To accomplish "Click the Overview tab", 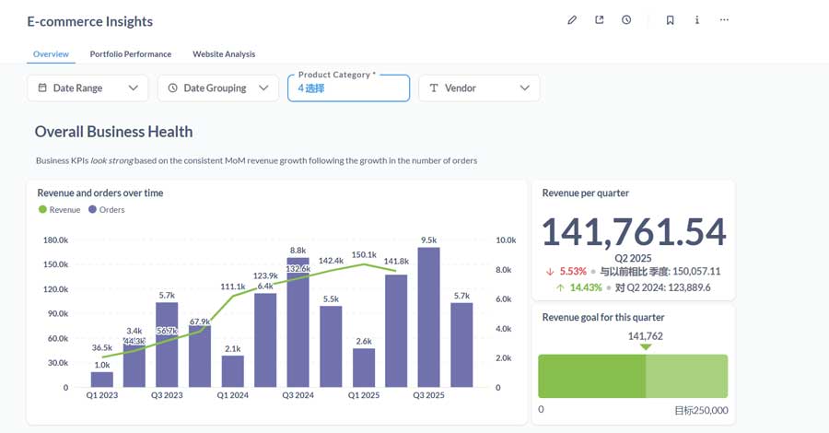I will (51, 54).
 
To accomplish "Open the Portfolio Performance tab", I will (131, 54).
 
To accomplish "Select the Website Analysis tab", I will (224, 54).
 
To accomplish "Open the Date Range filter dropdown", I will (88, 88).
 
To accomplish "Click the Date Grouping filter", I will (217, 88).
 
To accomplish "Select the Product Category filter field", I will (348, 88).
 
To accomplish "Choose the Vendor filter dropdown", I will (479, 88).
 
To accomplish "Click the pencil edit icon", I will (572, 20).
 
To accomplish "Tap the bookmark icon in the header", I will (671, 20).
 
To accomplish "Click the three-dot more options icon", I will (724, 20).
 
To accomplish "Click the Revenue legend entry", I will (60, 210).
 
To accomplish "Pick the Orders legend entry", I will (107, 210).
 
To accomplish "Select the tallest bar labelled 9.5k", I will (428, 318).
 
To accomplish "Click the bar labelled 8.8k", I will (298, 322).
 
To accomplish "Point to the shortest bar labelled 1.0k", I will (101, 380).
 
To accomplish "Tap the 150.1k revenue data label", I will (364, 255).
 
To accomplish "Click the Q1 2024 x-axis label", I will (232, 395).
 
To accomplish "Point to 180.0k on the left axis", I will (56, 240).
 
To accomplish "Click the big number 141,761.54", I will (633, 232).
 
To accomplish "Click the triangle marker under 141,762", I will (646, 346).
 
